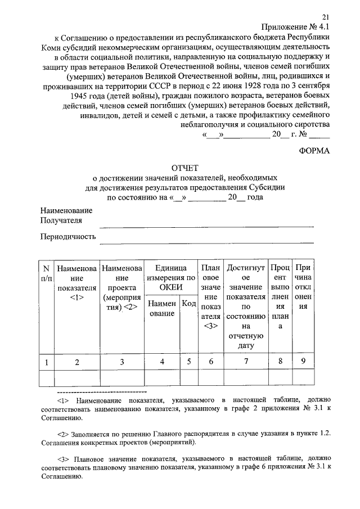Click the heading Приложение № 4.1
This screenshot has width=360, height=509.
(296, 28)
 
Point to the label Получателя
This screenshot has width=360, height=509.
(61, 220)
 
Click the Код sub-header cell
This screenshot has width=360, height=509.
(190, 304)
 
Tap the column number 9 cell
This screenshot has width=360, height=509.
(303, 362)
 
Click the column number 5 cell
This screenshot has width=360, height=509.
(190, 362)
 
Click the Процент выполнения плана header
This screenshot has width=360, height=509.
(280, 298)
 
